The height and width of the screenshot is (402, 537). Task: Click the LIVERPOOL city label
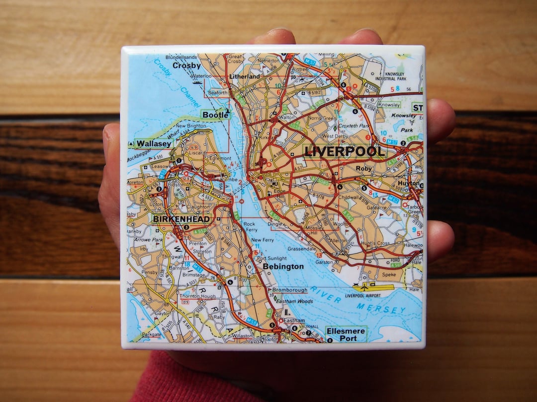[x=345, y=152]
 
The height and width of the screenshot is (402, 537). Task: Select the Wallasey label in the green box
[x=154, y=144]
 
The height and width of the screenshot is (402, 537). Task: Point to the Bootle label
[x=216, y=115]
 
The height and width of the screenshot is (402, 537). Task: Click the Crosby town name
[x=186, y=66]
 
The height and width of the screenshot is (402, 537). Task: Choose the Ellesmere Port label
[x=346, y=334]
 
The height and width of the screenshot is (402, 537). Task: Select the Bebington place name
[x=283, y=267]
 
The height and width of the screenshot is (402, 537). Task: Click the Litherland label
[x=245, y=77]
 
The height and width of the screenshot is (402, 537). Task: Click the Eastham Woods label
[x=294, y=301]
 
